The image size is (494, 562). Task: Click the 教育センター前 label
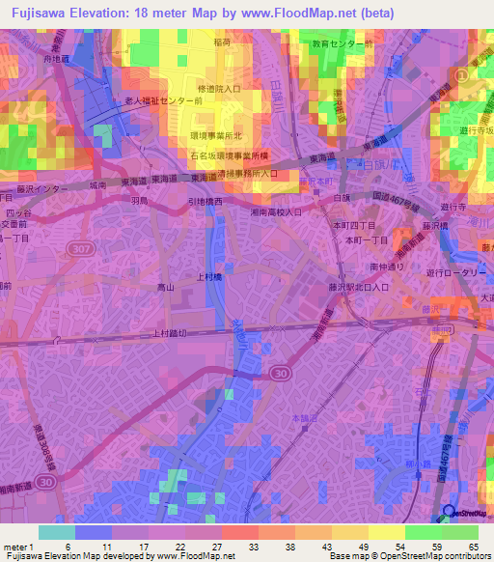[x=340, y=44]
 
